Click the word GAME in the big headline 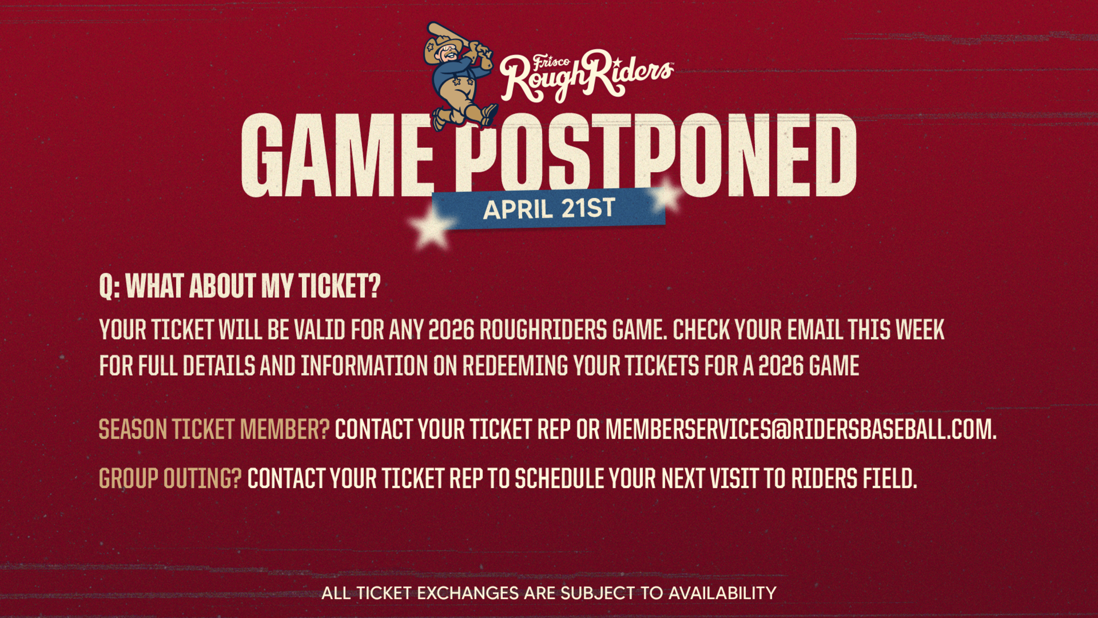coord(337,155)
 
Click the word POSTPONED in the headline coord(656,155)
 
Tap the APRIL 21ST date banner coord(549,208)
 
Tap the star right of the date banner coord(666,196)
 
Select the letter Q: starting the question coord(109,287)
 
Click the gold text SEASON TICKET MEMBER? coord(214,429)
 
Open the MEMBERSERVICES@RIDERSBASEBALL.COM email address coord(801,429)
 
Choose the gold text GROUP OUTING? coord(170,479)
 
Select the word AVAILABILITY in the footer coord(722,593)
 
